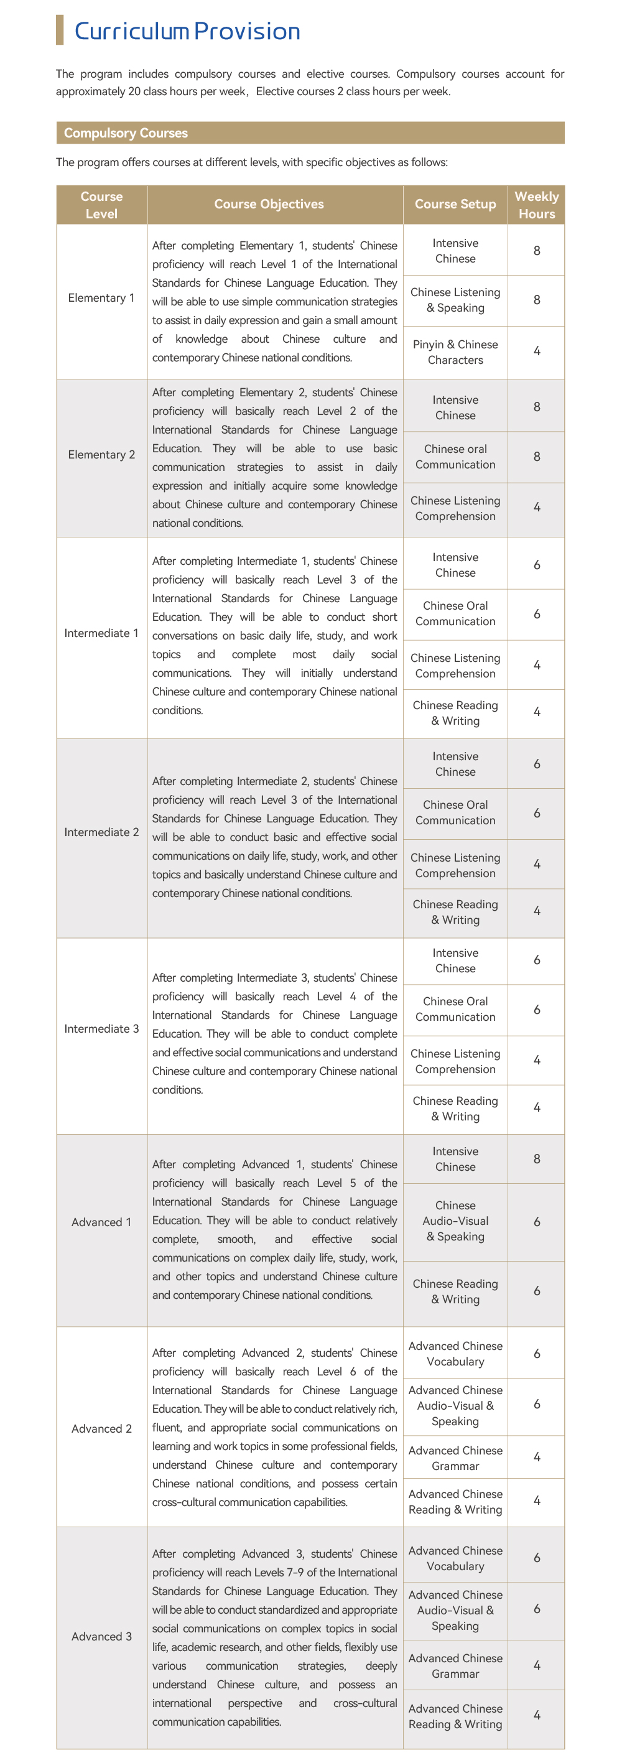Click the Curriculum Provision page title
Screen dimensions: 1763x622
[x=187, y=32]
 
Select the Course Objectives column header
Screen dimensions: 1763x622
[x=269, y=204]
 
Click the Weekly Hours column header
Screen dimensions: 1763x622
[x=536, y=205]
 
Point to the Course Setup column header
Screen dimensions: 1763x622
[x=455, y=204]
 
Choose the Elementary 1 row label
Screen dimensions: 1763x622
[x=101, y=298]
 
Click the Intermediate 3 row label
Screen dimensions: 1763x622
[x=101, y=1029]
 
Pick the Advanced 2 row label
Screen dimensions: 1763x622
[x=101, y=1428]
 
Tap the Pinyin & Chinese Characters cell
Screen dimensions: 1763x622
[x=455, y=351]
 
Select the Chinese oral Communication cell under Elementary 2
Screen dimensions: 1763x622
[x=455, y=457]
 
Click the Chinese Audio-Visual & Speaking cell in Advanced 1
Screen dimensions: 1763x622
[x=455, y=1221]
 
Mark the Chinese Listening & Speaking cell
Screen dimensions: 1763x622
[x=455, y=300]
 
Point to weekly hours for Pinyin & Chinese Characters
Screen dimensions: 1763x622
[x=536, y=351]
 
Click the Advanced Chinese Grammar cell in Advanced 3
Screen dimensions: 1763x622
[x=455, y=1665]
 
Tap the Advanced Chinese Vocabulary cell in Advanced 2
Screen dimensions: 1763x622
[x=455, y=1353]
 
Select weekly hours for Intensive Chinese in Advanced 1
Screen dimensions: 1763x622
[x=536, y=1159]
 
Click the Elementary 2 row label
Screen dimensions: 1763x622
[x=101, y=455]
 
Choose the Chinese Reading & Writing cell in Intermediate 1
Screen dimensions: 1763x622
[x=455, y=712]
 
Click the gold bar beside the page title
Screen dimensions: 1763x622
[x=60, y=30]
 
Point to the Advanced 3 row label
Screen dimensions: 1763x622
[x=101, y=1635]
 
